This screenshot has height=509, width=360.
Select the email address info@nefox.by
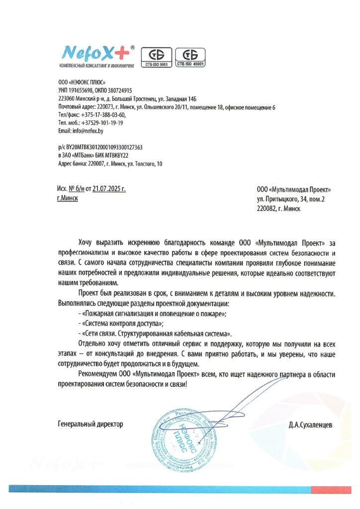(88, 131)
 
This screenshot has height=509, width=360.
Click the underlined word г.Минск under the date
(68, 198)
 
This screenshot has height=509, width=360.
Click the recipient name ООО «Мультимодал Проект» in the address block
(293, 189)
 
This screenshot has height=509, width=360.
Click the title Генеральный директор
(90, 424)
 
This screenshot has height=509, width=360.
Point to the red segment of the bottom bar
(335, 489)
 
